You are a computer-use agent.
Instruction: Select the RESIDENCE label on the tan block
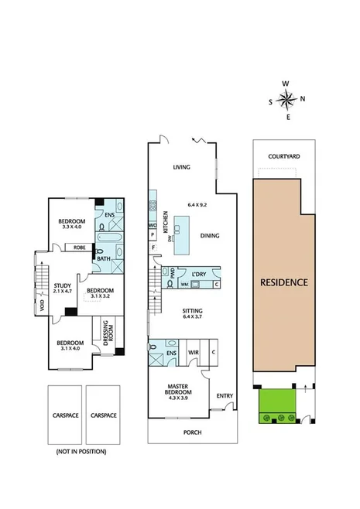click(x=284, y=282)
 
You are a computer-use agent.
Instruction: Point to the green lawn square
click(x=276, y=401)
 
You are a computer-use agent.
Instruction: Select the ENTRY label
click(x=225, y=396)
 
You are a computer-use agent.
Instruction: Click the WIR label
click(x=194, y=353)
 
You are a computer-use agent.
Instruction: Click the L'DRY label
click(x=198, y=273)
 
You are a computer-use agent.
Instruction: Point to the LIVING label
click(x=182, y=167)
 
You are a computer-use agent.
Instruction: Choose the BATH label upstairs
click(x=103, y=259)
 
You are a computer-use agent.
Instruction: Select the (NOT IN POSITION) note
click(x=81, y=451)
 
